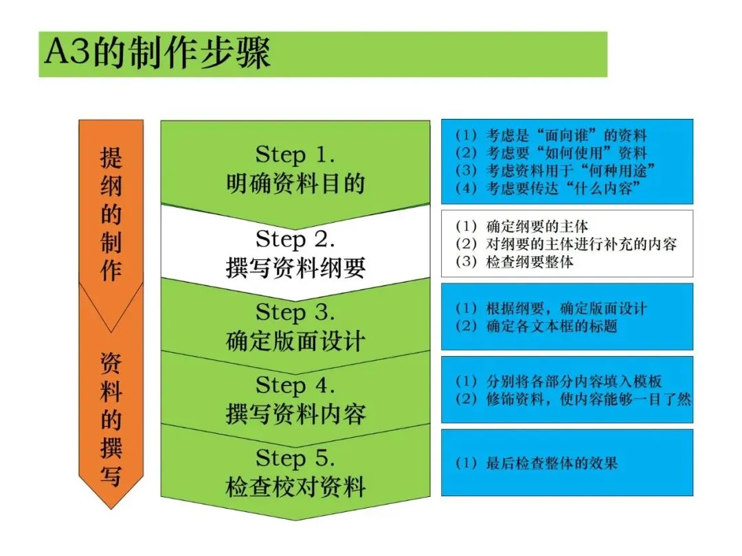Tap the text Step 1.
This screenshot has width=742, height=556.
click(295, 155)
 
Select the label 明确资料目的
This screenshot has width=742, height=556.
click(295, 184)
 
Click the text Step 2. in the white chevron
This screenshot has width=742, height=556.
click(295, 239)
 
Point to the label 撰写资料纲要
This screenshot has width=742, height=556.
click(295, 269)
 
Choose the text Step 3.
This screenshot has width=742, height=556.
click(295, 313)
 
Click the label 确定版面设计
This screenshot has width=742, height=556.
click(295, 342)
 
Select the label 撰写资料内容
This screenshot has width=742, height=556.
click(295, 414)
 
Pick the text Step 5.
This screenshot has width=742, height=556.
click(295, 458)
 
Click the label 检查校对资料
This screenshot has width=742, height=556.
click(295, 487)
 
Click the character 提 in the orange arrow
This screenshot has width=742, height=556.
click(111, 159)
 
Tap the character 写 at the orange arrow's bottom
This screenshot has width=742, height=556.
click(111, 476)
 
